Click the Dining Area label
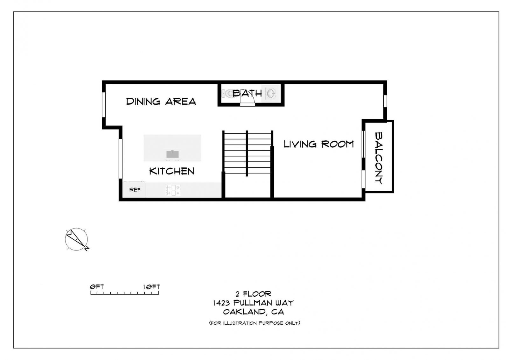(x=161, y=102)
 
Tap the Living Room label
(x=319, y=144)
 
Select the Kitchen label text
(x=172, y=171)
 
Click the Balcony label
(x=379, y=158)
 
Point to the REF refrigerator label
(x=135, y=190)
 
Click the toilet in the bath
(x=228, y=93)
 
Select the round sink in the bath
(x=271, y=93)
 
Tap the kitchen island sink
(x=172, y=154)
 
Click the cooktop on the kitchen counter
(x=173, y=190)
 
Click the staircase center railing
(x=247, y=153)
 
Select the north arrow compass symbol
(x=77, y=239)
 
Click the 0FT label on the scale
(x=97, y=287)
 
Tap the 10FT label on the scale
(x=151, y=287)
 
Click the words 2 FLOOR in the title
(x=253, y=294)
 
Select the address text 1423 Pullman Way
(x=253, y=303)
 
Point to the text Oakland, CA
(x=253, y=312)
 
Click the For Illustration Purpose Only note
(x=254, y=323)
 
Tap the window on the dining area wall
(x=104, y=105)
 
